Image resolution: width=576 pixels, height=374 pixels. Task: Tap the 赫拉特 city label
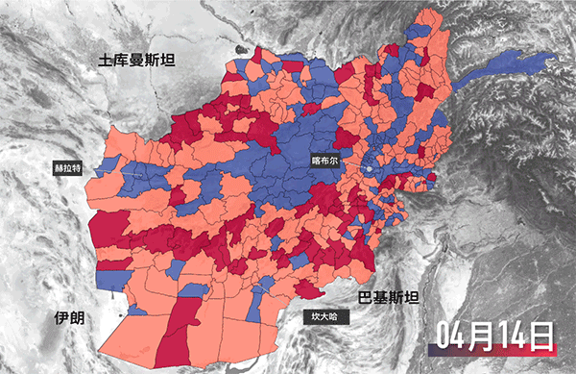(x=70, y=166)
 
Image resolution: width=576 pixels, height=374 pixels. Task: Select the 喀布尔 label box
(x=326, y=161)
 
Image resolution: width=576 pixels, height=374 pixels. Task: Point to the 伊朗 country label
(x=69, y=317)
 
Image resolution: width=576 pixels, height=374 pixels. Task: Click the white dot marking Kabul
(x=367, y=170)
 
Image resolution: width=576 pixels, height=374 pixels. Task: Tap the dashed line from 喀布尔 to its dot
(x=353, y=165)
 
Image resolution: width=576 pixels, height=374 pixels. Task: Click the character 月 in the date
(x=486, y=336)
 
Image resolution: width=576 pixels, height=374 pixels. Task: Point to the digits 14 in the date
(x=515, y=336)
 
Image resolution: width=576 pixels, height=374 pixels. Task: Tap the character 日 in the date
(x=543, y=336)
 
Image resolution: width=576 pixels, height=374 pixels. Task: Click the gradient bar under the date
(x=495, y=356)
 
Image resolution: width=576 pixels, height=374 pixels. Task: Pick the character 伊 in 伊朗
(x=61, y=317)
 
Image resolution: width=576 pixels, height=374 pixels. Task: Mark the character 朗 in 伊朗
(x=78, y=317)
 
